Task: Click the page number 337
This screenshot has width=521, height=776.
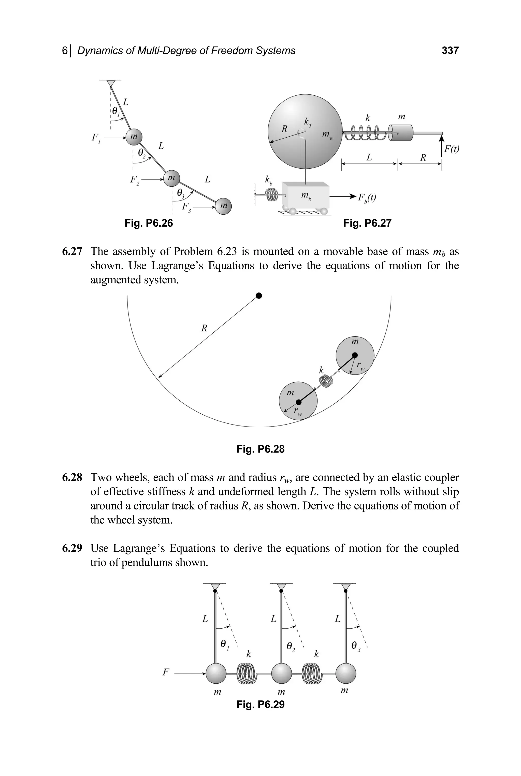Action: click(450, 51)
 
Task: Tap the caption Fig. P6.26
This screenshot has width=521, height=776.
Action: click(149, 223)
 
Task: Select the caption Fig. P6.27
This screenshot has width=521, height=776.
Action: click(367, 223)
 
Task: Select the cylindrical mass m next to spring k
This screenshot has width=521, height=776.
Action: click(401, 133)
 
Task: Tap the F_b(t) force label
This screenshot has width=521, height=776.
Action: click(367, 198)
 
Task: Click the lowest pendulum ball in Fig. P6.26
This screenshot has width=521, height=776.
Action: click(223, 206)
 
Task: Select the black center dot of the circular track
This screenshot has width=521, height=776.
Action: click(259, 296)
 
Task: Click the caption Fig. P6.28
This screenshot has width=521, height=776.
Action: click(260, 449)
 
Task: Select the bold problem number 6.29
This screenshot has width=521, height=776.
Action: click(72, 548)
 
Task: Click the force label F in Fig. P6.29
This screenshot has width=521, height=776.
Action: click(165, 673)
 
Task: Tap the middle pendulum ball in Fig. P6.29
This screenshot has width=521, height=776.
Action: click(281, 673)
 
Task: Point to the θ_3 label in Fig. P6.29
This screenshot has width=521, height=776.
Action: click(356, 646)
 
